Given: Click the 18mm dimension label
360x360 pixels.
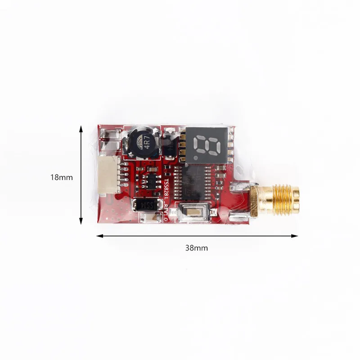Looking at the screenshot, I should pyautogui.click(x=61, y=177).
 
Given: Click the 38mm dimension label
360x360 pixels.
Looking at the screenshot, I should pyautogui.click(x=197, y=247).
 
